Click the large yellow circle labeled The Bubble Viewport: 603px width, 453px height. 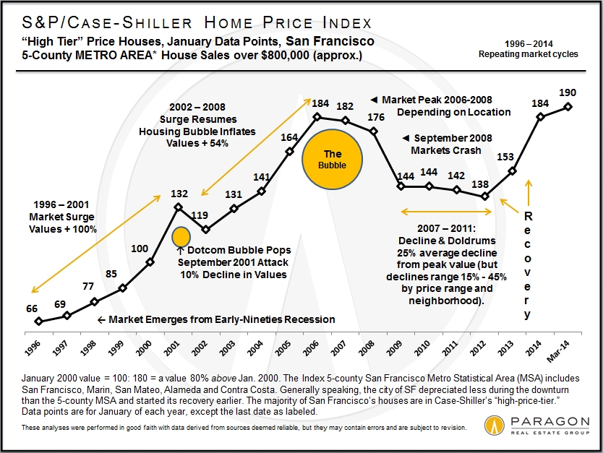pos(332,159)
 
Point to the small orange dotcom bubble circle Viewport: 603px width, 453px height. pos(181,236)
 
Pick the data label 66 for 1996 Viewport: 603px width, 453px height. pos(32,309)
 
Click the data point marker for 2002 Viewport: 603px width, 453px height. pos(206,230)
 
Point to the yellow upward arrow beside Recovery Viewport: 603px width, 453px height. pos(528,193)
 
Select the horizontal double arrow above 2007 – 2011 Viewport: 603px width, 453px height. pos(446,212)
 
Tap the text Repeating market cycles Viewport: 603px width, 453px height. pos(528,54)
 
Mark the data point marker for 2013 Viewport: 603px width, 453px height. pos(513,171)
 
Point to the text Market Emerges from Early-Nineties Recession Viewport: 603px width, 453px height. pos(217,319)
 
